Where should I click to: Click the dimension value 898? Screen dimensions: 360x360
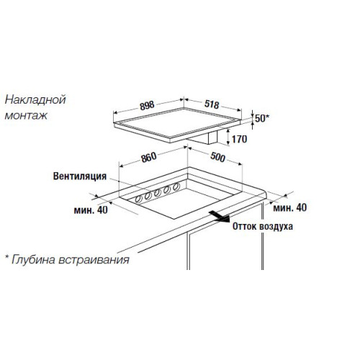147,106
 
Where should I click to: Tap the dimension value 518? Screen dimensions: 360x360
212,104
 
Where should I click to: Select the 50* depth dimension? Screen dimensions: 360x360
262,118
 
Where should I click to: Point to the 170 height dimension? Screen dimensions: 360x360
239,139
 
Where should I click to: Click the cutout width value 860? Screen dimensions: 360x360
149,158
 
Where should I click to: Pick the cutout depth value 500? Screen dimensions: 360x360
217,157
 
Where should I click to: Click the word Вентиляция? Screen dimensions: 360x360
80,176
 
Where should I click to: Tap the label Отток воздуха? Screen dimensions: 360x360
263,226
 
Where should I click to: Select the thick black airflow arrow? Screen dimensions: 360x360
220,216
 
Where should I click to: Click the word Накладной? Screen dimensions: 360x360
35,99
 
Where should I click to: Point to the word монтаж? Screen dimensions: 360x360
26,116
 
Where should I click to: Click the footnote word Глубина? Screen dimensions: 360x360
33,259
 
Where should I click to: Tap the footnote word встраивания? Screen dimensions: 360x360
94,260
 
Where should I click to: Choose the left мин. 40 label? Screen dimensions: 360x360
91,210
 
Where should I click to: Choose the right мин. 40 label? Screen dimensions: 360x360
290,207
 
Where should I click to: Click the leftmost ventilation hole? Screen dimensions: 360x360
139,199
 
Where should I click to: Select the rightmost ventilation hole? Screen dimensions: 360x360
176,186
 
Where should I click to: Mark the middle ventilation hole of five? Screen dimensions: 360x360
158,192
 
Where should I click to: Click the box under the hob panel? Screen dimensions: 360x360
203,138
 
